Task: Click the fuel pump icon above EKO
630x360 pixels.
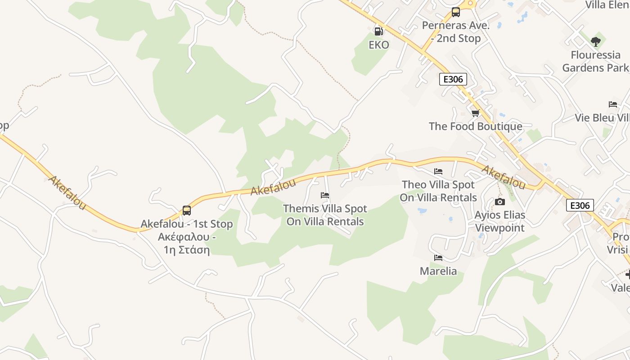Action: coord(378,31)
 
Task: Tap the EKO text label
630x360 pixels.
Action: coord(378,45)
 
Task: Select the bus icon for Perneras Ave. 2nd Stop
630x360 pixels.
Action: coord(455,12)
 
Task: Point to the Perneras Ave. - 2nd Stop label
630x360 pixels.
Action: coord(455,32)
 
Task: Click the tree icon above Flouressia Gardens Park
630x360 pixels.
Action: coord(596,42)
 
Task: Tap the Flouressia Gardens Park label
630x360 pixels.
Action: coord(595,62)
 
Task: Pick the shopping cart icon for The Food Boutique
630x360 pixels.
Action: coord(475,113)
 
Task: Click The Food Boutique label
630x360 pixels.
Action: coord(475,126)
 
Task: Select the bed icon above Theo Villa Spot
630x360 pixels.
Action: coord(438,171)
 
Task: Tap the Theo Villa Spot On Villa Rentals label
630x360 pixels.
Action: coord(438,191)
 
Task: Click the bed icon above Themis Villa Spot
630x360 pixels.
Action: coord(324,195)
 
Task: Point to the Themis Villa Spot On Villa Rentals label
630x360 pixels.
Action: coord(325,215)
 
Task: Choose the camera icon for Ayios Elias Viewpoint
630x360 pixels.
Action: coord(499,202)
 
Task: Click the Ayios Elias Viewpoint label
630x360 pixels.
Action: coord(499,221)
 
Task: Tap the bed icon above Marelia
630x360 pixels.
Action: coord(438,258)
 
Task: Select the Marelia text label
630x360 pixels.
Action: coord(438,271)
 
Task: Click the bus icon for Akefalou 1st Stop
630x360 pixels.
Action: coord(186,210)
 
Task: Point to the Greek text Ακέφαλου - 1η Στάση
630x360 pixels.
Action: coord(187,243)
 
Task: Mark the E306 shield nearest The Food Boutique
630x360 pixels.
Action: coord(453,80)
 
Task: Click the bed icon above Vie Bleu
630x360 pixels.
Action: coord(612,104)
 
